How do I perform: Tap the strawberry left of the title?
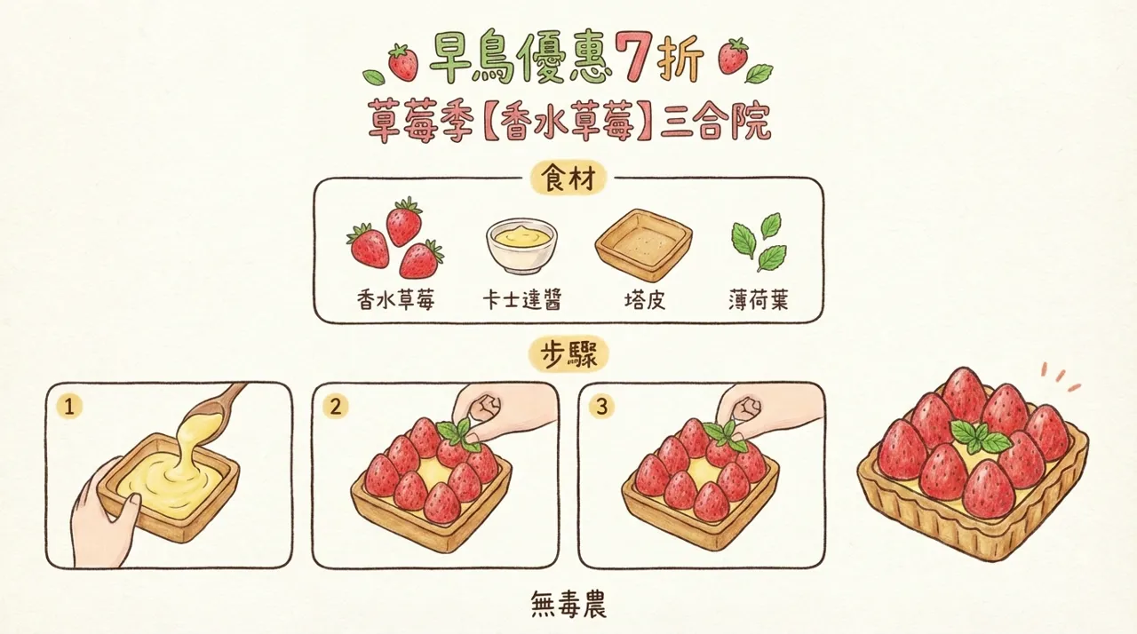tap(403, 61)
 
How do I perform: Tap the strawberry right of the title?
tap(733, 56)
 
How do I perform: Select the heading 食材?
tap(568, 178)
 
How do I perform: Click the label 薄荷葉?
tap(758, 301)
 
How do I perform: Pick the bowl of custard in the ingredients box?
tap(521, 246)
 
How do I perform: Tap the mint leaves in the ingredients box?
tap(757, 241)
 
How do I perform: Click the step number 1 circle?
tap(68, 407)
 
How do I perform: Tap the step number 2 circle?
tap(335, 407)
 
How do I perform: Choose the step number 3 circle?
tap(602, 407)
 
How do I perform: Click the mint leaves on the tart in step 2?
tap(457, 433)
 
